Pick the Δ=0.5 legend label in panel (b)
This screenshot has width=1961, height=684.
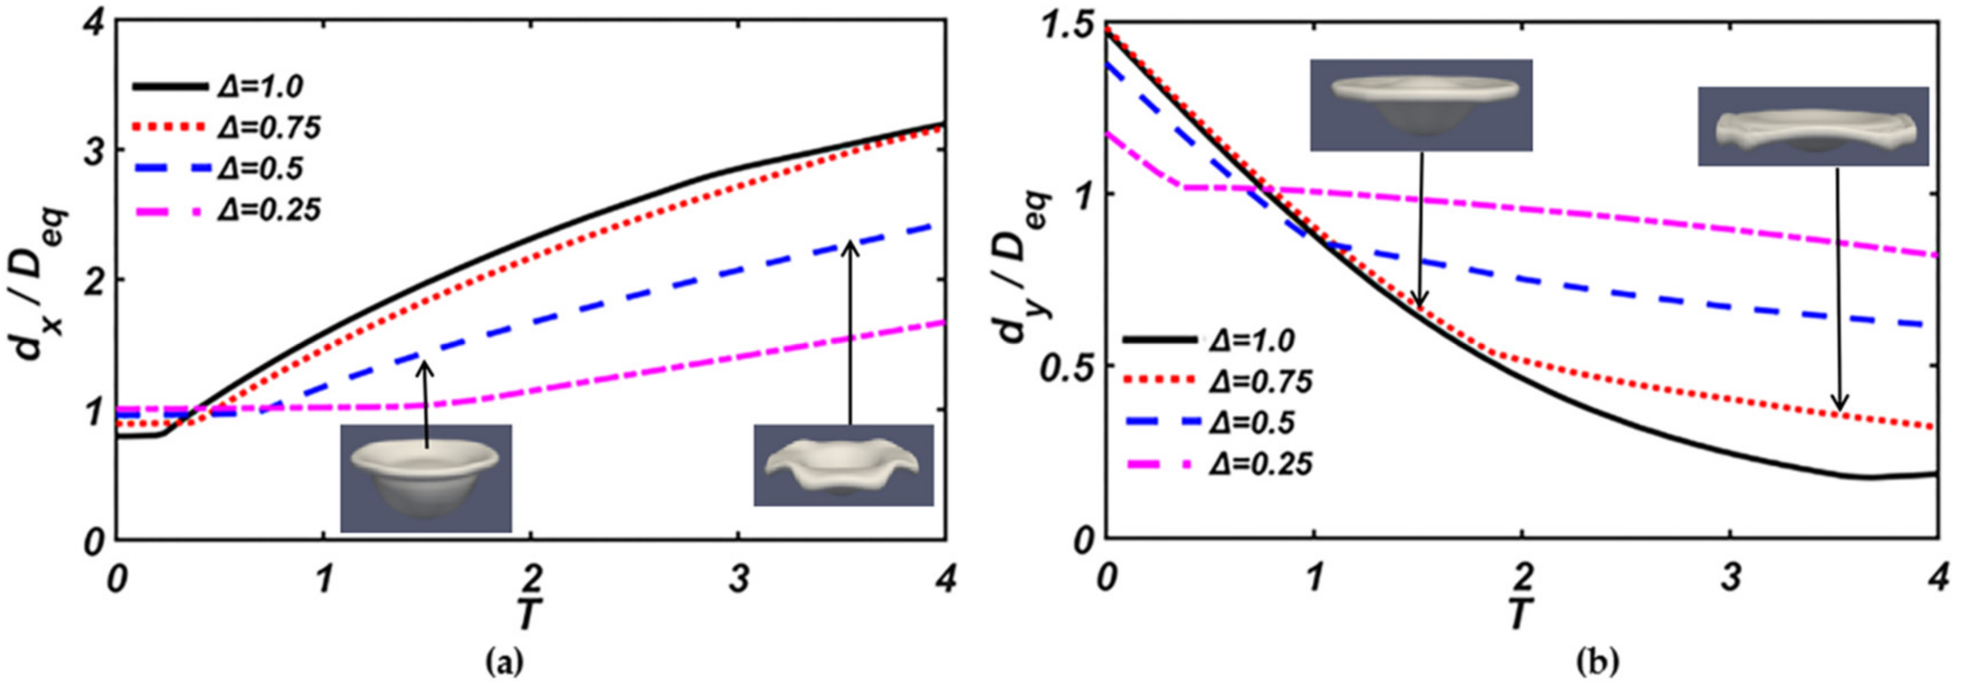tap(1252, 423)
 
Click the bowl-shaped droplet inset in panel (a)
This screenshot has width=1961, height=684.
tap(426, 478)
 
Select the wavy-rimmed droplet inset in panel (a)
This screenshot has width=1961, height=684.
tap(843, 465)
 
